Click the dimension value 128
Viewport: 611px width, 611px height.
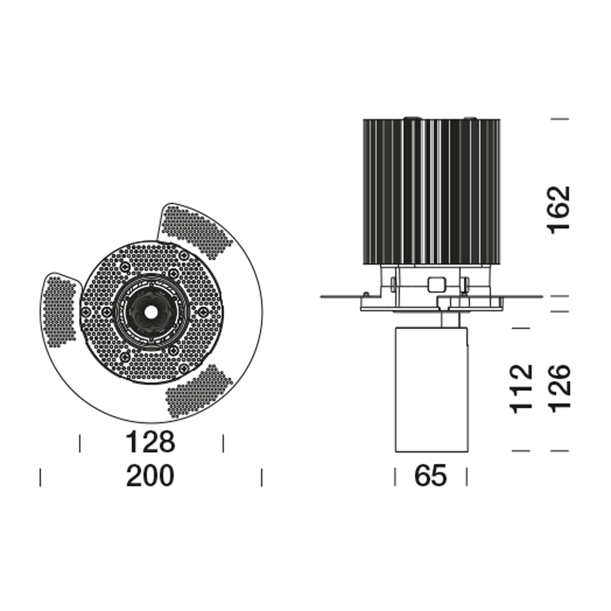pos(150,442)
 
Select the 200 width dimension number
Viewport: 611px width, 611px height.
pos(150,476)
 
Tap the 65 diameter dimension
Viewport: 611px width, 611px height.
pos(431,476)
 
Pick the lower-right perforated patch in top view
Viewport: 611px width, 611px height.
pos(200,391)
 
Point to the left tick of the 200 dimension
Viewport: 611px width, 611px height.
pos(40,477)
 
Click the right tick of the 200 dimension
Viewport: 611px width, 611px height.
pos(262,477)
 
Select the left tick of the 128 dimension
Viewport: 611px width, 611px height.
pos(80,443)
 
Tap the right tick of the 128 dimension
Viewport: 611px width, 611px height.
pos(223,443)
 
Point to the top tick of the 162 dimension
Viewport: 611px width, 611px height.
pos(560,119)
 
